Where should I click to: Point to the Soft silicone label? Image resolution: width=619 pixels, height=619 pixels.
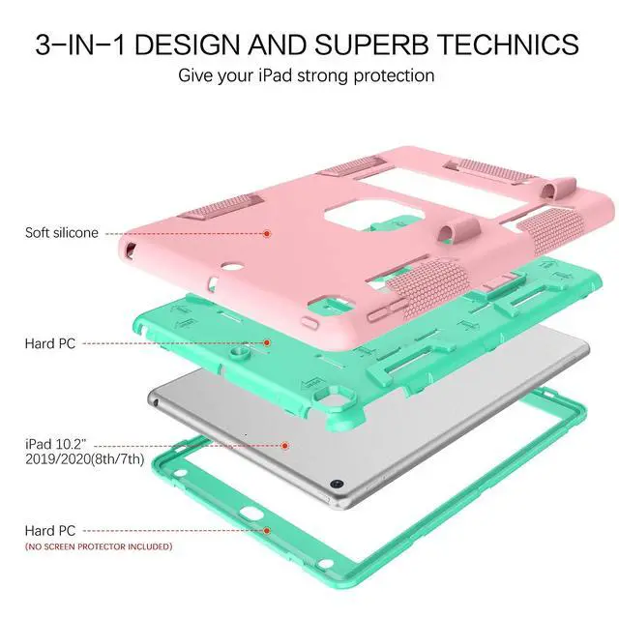62,233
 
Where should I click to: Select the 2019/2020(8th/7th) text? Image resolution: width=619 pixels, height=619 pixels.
85,459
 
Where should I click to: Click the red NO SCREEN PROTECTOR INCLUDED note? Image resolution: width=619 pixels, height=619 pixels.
99,546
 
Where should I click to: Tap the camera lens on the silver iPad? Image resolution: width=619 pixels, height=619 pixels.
338,483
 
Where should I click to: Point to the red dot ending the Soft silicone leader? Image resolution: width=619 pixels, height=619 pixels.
269,233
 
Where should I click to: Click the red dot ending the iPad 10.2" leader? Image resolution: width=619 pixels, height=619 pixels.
285,445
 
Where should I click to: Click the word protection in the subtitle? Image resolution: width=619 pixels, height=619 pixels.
394,74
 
